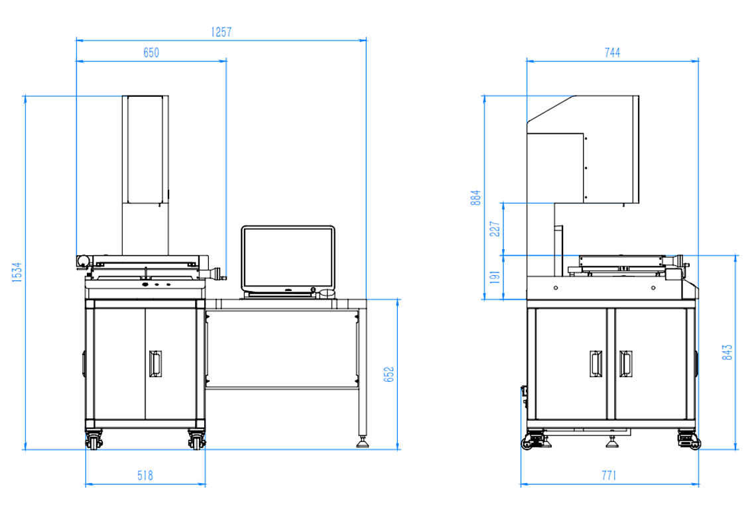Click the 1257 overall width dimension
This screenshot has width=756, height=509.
coord(221,32)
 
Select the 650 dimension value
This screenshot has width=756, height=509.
coord(151,52)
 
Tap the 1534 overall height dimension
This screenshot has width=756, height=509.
coord(17,272)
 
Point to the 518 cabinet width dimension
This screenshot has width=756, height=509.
coord(145,476)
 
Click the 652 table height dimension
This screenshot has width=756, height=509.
coord(389,374)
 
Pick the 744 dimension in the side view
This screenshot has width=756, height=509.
coord(612,52)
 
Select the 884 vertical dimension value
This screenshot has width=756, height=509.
coord(476,198)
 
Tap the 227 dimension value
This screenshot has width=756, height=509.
coord(495,229)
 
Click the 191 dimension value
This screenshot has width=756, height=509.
coord(495,277)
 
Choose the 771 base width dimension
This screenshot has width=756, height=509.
coord(609,476)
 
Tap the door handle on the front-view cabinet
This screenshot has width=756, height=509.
coord(155,363)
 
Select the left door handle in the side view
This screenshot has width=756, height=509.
coord(596,363)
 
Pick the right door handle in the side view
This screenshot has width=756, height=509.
coord(625,363)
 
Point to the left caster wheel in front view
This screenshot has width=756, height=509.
coord(94,440)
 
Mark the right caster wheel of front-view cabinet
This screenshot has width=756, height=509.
coord(196,440)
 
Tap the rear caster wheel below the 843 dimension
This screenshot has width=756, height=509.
coord(689,440)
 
